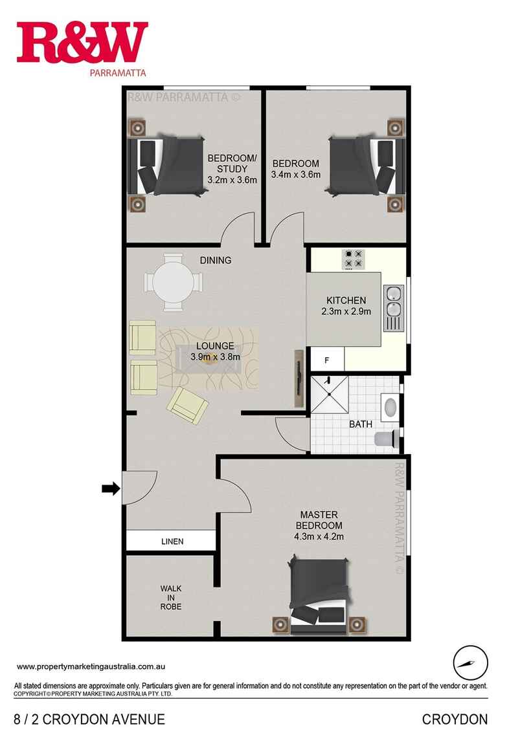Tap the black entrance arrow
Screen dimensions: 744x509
(111, 489)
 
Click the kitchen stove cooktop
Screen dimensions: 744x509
(353, 259)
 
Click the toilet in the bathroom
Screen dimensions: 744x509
(387, 439)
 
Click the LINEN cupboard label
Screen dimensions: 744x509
(171, 542)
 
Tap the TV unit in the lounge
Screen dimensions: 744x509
(299, 378)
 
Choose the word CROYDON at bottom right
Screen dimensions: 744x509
(455, 719)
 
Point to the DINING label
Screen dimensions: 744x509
(215, 261)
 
